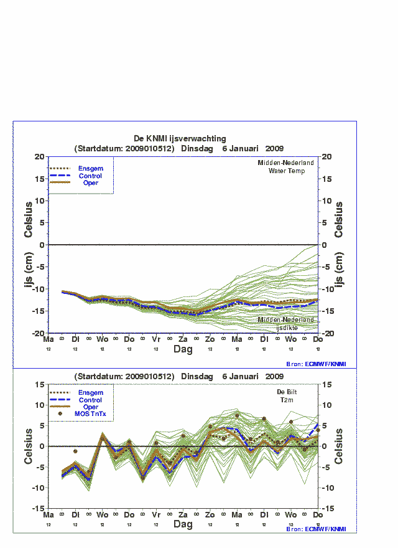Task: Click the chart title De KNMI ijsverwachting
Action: point(180,138)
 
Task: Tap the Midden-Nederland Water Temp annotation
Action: point(286,166)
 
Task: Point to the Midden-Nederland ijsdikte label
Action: point(286,323)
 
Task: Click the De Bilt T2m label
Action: point(290,396)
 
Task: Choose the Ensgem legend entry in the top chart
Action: point(91,168)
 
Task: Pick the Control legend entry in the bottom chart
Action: point(91,400)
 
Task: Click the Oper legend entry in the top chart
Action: point(91,183)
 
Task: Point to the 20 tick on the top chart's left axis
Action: point(39,157)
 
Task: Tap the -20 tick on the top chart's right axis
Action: point(328,334)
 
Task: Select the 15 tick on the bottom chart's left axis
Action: point(39,384)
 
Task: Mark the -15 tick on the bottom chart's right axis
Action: point(328,508)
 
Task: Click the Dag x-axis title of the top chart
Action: point(183,350)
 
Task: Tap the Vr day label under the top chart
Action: point(156,339)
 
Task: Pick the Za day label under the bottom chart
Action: point(183,515)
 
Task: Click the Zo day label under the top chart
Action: point(210,339)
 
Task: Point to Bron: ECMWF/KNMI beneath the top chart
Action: point(316,364)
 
